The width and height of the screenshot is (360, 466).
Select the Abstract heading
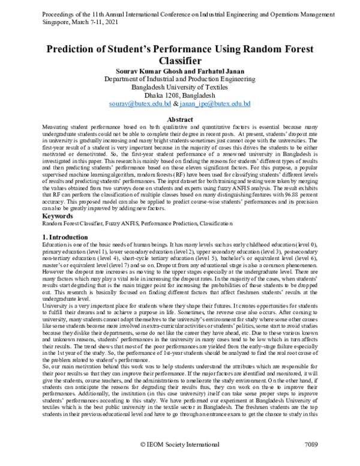180,120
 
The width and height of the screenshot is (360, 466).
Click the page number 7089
307,461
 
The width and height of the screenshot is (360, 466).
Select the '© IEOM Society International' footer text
180,461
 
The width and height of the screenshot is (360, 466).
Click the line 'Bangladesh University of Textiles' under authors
180,87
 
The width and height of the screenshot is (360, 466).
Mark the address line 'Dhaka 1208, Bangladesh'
180,95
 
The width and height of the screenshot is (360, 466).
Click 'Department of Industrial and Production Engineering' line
180,79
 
